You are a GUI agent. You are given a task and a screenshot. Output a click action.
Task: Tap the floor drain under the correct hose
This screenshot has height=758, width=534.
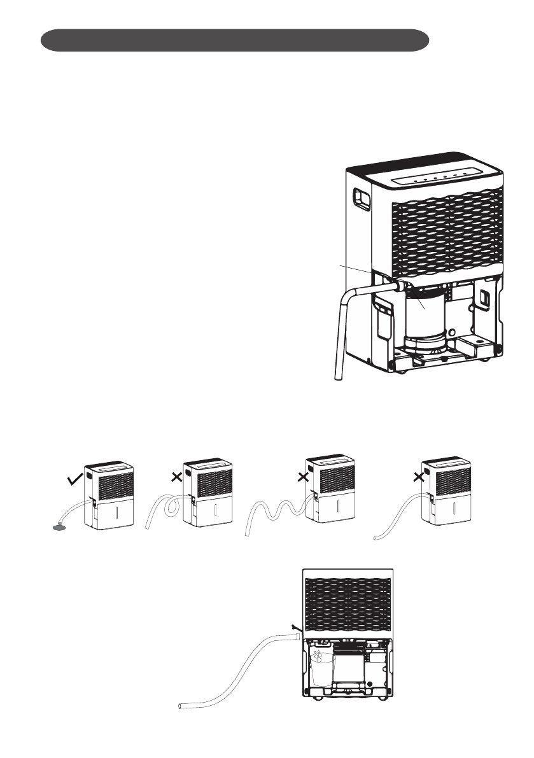pyautogui.click(x=59, y=526)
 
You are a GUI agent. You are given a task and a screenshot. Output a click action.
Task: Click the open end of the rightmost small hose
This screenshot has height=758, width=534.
pyautogui.click(x=376, y=538)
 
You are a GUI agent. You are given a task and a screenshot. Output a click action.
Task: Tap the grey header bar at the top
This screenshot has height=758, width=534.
pyautogui.click(x=234, y=39)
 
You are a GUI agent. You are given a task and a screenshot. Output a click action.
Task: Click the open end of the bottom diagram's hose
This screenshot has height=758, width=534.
pyautogui.click(x=181, y=706)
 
